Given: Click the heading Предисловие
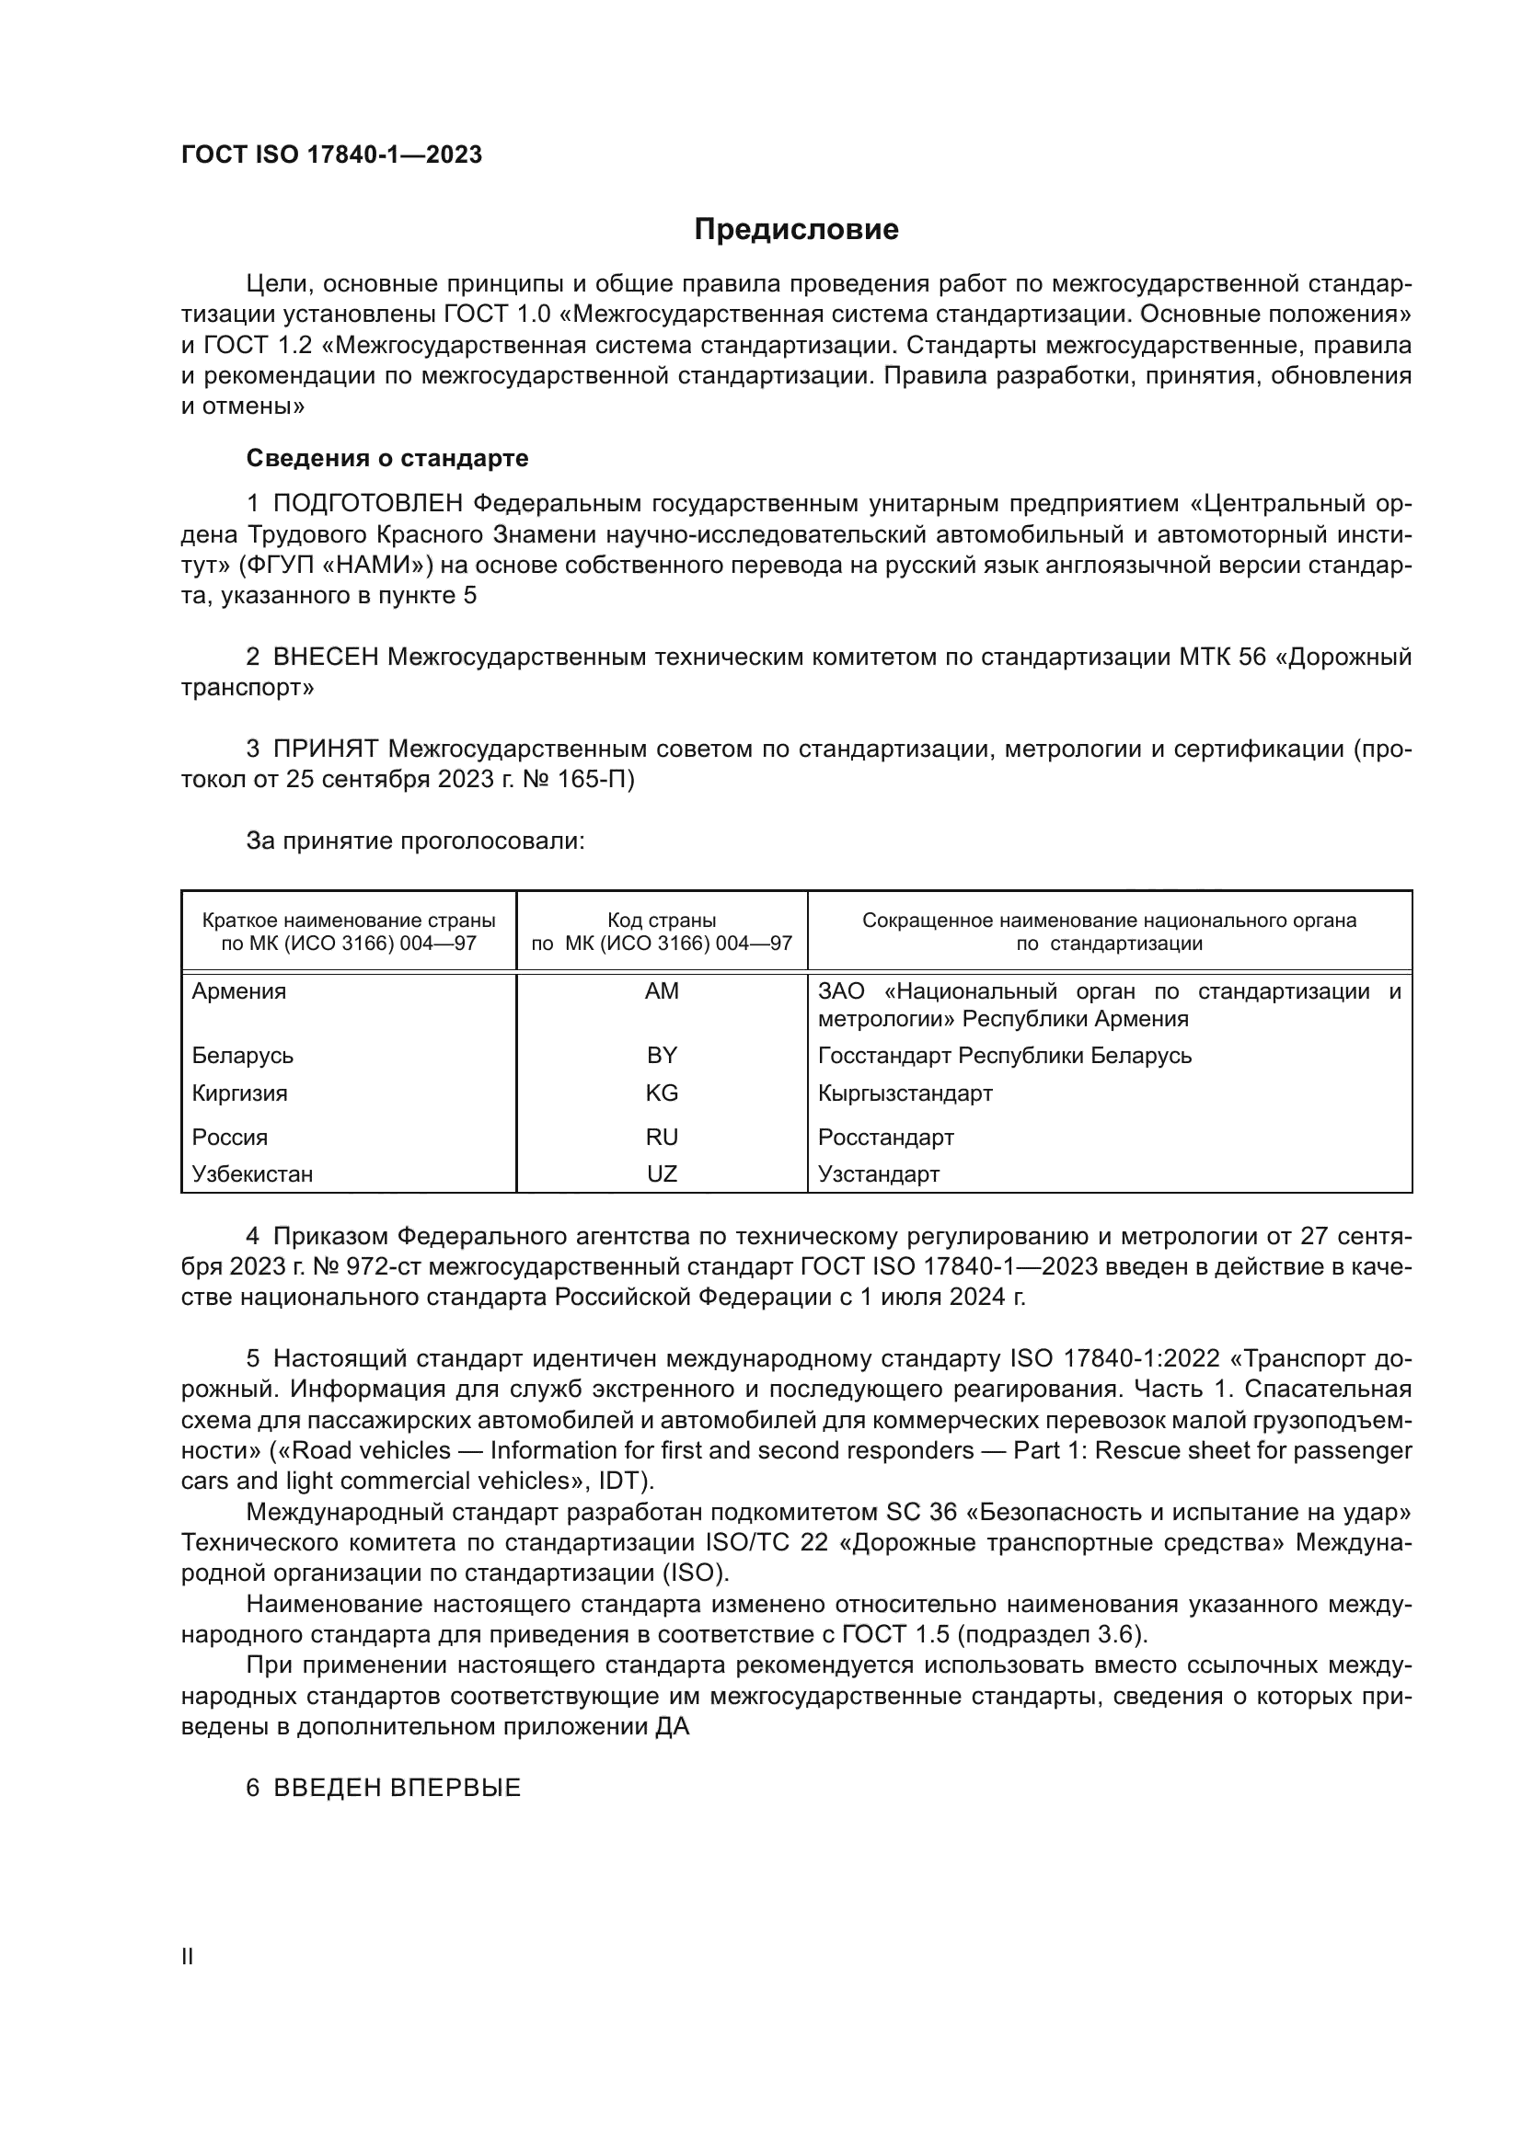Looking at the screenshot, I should point(796,230).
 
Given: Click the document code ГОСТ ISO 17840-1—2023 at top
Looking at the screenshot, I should point(331,155).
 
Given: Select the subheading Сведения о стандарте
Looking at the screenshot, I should point(387,458).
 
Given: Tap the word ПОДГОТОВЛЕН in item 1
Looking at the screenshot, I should point(367,504).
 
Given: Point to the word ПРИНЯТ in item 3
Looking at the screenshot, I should point(325,749).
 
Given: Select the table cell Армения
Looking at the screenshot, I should point(239,991).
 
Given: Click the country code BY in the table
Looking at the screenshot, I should point(662,1056).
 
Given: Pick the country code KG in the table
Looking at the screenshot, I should point(662,1093).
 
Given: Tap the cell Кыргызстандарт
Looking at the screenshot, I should point(905,1093).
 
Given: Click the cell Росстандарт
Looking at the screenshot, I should point(885,1138).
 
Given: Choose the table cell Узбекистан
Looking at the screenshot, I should point(252,1173).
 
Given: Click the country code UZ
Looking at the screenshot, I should point(662,1173).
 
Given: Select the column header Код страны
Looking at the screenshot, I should point(662,921).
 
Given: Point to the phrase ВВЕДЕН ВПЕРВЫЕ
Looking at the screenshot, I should point(397,1789).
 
